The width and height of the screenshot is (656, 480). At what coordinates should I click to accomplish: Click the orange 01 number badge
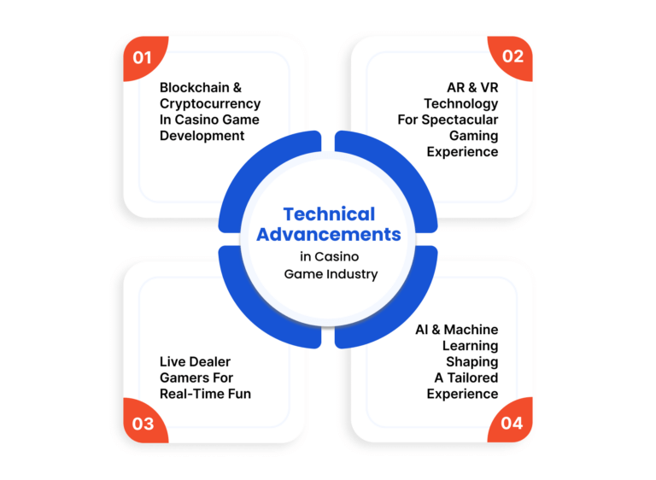tap(143, 56)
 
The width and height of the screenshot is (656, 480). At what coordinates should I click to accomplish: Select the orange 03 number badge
tap(143, 422)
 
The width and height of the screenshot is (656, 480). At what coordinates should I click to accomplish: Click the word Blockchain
tap(195, 87)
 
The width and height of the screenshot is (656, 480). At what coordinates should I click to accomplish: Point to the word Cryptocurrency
tap(210, 104)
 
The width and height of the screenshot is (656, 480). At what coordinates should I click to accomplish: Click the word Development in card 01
tap(202, 136)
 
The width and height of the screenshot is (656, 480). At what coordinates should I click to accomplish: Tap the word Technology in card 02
tap(461, 104)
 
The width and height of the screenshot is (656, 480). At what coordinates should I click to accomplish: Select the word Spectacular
tap(460, 120)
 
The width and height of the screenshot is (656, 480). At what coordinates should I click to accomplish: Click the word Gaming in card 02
tap(473, 136)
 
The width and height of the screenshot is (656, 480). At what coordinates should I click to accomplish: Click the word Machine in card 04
tap(471, 330)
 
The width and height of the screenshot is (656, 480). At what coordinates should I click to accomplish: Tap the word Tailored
tap(472, 378)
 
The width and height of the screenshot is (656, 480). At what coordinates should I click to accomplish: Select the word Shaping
tap(471, 362)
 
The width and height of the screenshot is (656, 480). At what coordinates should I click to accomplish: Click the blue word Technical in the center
tap(329, 214)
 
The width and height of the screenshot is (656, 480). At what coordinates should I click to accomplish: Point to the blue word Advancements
tap(329, 234)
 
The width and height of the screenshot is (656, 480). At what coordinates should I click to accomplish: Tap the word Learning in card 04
tap(471, 346)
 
